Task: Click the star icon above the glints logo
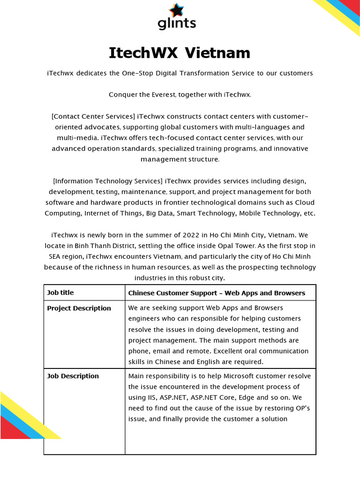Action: [x=177, y=10]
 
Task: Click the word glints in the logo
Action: [x=177, y=23]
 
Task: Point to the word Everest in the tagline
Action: [x=162, y=95]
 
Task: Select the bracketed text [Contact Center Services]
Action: [x=93, y=116]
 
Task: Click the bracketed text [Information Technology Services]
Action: [x=108, y=181]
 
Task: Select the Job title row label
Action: [x=60, y=293]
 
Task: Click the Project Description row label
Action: [x=79, y=308]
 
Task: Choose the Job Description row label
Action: [x=73, y=376]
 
